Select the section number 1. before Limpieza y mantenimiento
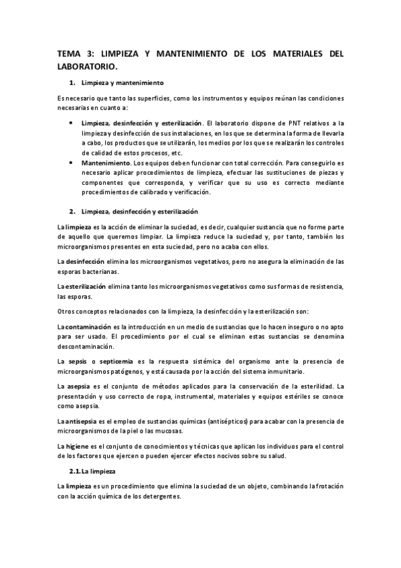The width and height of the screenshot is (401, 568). (x=72, y=82)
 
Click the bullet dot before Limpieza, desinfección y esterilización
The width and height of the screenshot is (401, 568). (x=72, y=124)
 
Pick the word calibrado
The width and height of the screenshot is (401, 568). (x=161, y=192)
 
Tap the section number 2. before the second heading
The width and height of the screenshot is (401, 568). (x=72, y=212)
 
